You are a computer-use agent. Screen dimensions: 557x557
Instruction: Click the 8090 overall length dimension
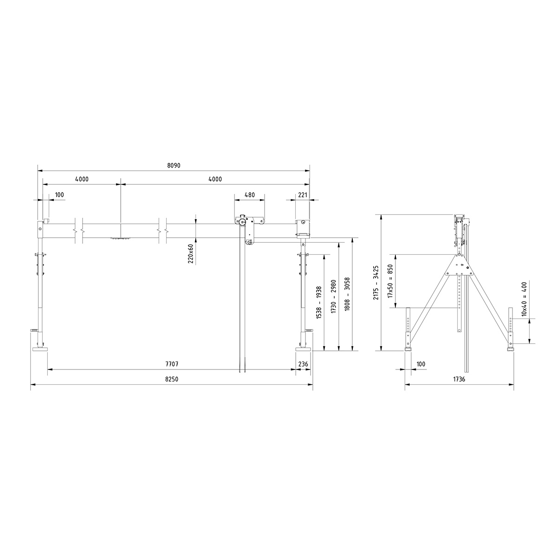(173, 165)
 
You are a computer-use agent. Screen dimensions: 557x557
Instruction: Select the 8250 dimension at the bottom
(172, 379)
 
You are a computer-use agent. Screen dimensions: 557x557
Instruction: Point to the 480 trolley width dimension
(249, 195)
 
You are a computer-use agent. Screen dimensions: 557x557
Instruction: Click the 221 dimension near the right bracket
(302, 195)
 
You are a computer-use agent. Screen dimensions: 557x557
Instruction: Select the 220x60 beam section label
(191, 253)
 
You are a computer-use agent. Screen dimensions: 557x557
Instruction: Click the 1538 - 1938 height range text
(319, 302)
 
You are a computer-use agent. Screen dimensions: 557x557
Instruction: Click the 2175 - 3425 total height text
(376, 282)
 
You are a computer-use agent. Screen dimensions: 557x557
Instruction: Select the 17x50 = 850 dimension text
(390, 281)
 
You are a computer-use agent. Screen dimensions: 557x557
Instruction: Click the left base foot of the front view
(39, 349)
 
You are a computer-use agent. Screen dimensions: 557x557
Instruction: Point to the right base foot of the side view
(511, 348)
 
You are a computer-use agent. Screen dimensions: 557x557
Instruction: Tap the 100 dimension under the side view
(421, 364)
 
